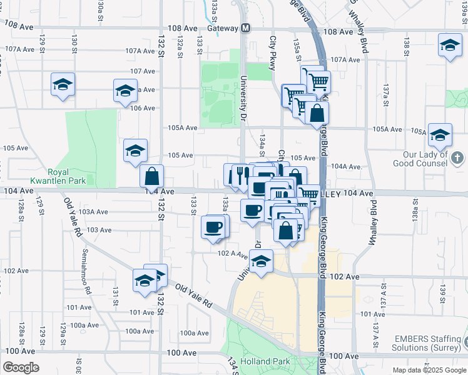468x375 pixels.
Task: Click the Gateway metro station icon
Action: coord(246,28)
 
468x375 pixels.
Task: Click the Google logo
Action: coord(21,367)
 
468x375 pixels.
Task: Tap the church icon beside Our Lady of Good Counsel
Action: coord(457,157)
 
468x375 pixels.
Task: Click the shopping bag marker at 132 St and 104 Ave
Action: coord(151,177)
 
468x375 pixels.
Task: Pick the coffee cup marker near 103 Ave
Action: coord(213,227)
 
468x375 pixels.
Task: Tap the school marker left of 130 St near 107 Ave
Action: coord(63,85)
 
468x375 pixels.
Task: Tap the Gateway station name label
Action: coord(223,28)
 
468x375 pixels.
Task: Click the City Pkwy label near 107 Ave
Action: coord(272,51)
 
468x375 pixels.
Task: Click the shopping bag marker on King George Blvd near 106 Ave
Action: coord(317,114)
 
